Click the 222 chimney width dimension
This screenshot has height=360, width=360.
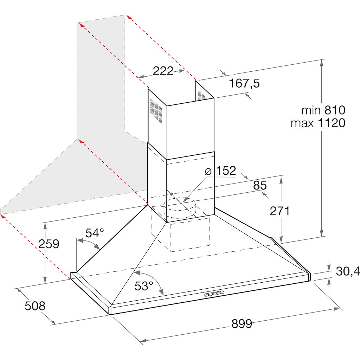coord(163,71)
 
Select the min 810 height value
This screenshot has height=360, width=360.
coord(323,110)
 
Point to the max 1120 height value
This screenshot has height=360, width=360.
coord(318,123)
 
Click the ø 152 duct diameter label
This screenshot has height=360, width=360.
coord(220,171)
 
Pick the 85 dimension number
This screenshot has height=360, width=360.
coord(260,185)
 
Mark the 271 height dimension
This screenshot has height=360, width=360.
coord(279,211)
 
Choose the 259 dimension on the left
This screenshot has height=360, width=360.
coord(49,244)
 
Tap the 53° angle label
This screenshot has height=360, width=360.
coord(144,286)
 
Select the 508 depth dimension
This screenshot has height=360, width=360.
coord(35,306)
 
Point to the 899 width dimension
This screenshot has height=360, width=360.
coord(242,323)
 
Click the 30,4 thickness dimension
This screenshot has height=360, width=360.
coord(348,271)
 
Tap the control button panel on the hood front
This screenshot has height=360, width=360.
coord(214,294)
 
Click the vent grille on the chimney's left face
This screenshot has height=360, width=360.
coord(156,110)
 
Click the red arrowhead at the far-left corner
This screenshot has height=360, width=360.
coord(3,216)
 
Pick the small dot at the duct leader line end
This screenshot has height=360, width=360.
coord(171,194)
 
